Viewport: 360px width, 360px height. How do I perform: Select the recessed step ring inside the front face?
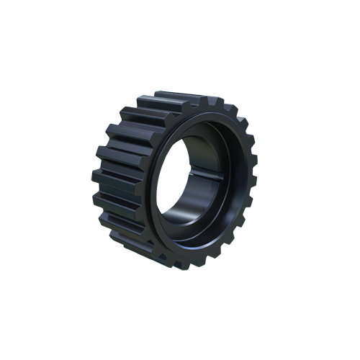tap(229, 180)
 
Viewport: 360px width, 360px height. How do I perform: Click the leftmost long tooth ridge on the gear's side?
tap(101, 173)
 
